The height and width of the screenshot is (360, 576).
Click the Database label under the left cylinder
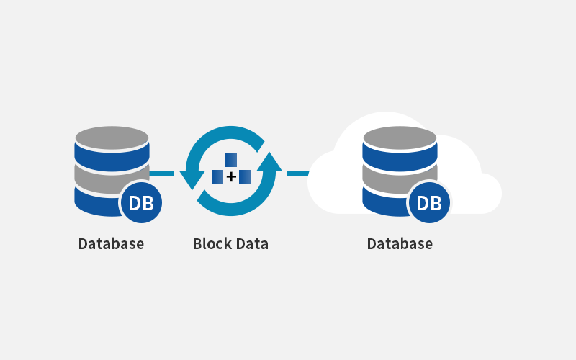(111, 244)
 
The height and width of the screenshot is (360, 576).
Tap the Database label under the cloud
(400, 244)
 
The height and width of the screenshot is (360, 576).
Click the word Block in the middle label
(212, 244)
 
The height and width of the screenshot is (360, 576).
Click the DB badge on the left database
(141, 202)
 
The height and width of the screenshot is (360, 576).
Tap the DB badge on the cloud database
(429, 202)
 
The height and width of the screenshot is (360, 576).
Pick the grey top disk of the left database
(112, 138)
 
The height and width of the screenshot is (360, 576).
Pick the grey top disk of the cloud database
(400, 138)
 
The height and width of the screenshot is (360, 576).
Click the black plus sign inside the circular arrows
(231, 177)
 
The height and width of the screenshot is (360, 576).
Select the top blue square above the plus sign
(231, 160)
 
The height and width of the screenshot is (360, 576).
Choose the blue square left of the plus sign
(217, 177)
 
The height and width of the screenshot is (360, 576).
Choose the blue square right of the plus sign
(245, 177)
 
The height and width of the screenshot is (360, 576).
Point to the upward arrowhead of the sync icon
(269, 161)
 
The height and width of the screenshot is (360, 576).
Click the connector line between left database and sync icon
(161, 174)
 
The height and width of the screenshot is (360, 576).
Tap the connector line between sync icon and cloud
(298, 174)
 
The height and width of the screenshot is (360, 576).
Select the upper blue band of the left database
(112, 158)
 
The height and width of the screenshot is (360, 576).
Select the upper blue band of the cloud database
(400, 158)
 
